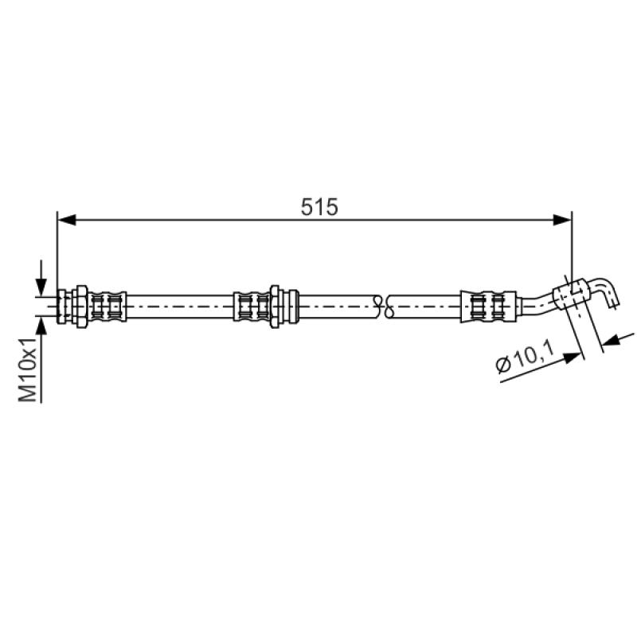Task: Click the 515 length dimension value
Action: (319, 207)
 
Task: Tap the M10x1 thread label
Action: (29, 369)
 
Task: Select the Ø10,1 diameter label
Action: (525, 356)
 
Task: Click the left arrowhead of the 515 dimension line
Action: (67, 221)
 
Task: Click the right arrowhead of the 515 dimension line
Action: (562, 221)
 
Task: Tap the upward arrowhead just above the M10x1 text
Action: (41, 326)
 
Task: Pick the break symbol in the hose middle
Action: (384, 307)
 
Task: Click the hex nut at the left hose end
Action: (81, 307)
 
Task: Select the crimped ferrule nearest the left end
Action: (107, 307)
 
